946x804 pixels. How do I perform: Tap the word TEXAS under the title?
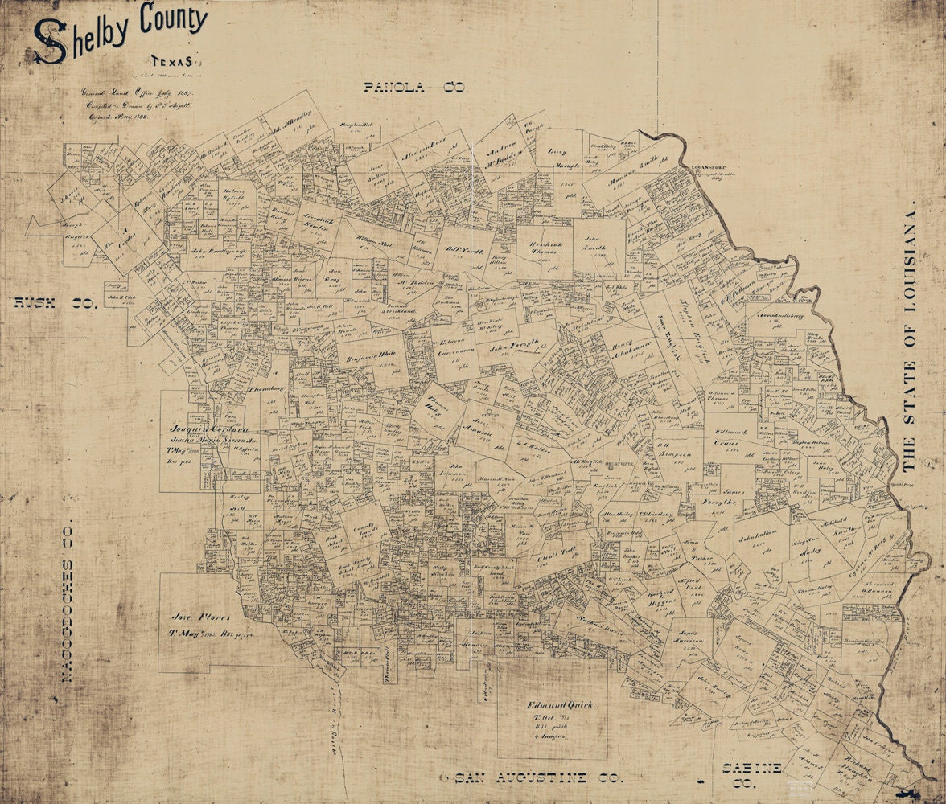click(x=171, y=61)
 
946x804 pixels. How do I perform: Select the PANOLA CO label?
click(x=414, y=88)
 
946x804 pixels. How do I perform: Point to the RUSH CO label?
click(x=55, y=303)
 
